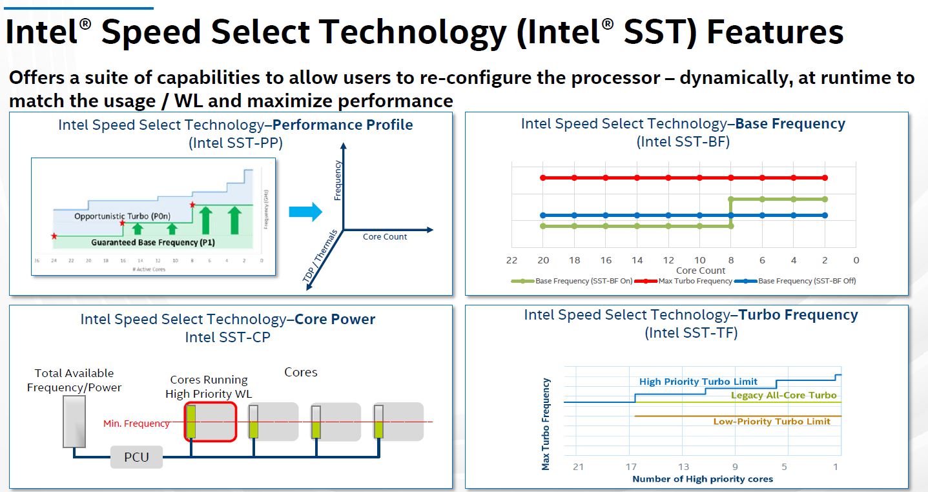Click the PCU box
(136, 457)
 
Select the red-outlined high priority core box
(211, 422)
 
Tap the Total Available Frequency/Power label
(74, 380)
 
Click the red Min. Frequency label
(136, 424)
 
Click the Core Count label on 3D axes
(385, 237)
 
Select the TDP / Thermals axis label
(320, 256)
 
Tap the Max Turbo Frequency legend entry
(695, 281)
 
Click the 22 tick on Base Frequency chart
(511, 260)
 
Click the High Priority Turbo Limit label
(698, 382)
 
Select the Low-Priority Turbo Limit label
(772, 422)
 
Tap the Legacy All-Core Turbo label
(783, 395)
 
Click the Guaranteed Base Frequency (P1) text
(144, 242)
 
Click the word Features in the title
(775, 32)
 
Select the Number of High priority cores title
(703, 479)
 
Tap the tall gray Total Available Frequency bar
(74, 421)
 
